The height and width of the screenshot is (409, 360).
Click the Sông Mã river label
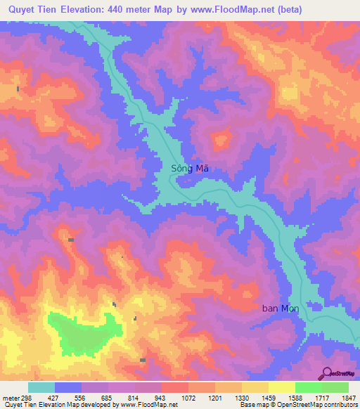coord(190,169)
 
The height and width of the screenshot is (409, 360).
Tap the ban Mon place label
coord(281,309)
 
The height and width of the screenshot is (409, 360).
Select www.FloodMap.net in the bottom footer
coord(148,405)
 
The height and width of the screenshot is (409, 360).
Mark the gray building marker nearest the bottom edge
coord(143,360)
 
